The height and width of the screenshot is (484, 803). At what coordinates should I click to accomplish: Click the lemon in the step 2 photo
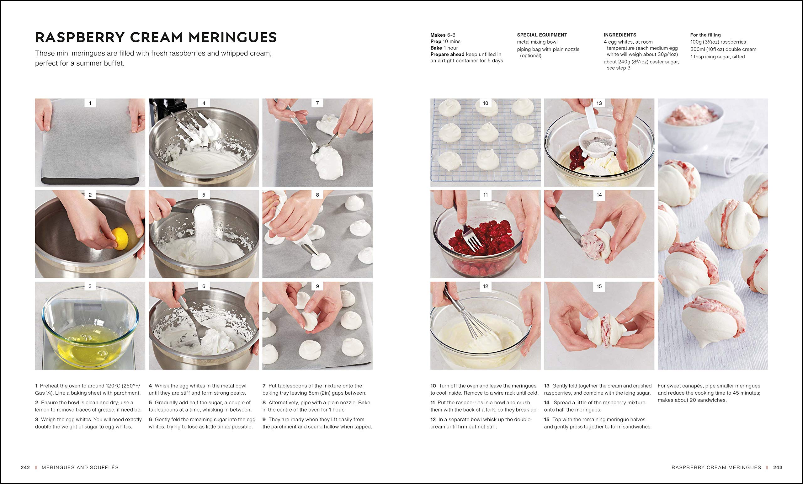[x=120, y=239]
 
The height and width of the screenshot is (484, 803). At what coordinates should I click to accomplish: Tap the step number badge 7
[x=317, y=103]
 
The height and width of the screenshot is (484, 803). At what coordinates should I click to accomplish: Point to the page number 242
[x=25, y=467]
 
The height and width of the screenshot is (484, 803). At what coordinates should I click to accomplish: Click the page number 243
[x=778, y=467]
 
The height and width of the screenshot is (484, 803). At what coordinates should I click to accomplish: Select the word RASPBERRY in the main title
[x=80, y=37]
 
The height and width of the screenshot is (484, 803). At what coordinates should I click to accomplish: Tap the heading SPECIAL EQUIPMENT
[x=542, y=35]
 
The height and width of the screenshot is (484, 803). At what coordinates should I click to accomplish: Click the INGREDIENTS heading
[x=620, y=35]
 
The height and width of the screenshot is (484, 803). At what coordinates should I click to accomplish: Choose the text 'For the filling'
[x=705, y=35]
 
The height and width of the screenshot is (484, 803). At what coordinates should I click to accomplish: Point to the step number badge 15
[x=599, y=286]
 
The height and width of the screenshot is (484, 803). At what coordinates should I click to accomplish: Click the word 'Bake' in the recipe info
[x=436, y=48]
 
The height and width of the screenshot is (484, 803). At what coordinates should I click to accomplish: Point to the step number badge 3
[x=90, y=286]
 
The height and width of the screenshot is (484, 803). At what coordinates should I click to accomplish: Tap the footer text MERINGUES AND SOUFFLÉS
[x=80, y=467]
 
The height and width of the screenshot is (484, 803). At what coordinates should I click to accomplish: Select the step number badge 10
[x=486, y=103]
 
